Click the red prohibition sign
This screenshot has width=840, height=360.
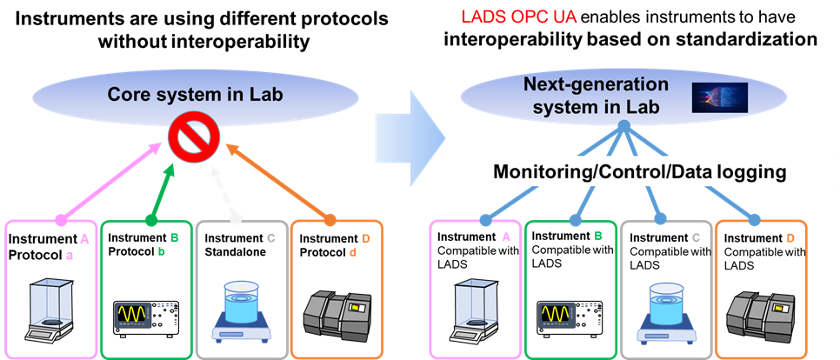191,139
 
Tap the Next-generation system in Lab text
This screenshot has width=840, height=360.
596,96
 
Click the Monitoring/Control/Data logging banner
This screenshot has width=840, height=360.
640,171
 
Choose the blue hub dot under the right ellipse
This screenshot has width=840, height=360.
623,127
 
